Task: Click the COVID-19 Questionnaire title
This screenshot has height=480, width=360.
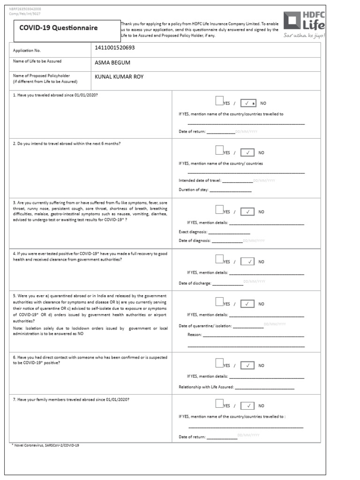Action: [59, 28]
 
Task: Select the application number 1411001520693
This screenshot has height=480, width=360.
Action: [117, 48]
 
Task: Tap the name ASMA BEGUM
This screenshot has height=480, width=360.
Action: [112, 62]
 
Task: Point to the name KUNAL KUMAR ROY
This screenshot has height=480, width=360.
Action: [119, 77]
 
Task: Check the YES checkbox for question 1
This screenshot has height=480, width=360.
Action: [219, 100]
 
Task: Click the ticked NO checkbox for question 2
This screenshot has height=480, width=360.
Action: [247, 152]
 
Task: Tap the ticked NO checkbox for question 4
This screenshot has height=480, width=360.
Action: [247, 262]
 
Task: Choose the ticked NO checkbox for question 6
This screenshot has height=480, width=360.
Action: [247, 365]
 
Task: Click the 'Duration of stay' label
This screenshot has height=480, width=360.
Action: [194, 190]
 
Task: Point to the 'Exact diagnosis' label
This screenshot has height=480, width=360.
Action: [193, 232]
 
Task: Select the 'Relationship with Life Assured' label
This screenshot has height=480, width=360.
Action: [206, 387]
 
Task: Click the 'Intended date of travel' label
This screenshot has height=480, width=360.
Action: [200, 180]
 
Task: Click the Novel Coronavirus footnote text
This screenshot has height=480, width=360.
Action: [45, 445]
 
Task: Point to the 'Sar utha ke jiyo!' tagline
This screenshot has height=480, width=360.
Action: [304, 35]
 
